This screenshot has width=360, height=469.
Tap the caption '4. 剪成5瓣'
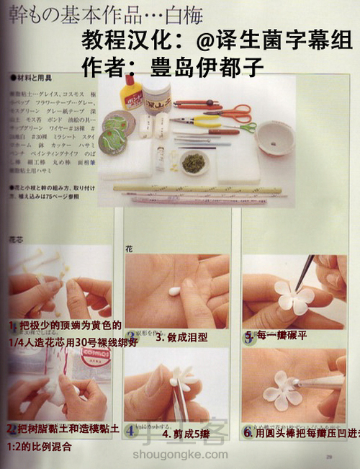(186, 434)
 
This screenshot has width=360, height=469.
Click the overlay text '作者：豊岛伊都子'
(173, 66)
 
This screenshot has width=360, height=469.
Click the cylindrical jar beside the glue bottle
(156, 94)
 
